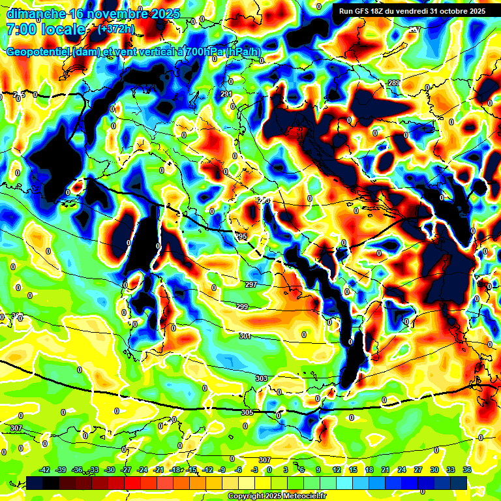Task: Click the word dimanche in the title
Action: coord(34,14)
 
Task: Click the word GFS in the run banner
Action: coord(359,11)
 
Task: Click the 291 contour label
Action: coord(226,95)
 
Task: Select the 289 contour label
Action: coord(393,83)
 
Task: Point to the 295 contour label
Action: coord(241,236)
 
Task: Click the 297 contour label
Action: coord(251,285)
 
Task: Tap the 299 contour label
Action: coord(242,307)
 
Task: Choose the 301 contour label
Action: coord(245,336)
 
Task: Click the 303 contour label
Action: coord(262,378)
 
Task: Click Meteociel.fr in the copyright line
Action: coord(301,496)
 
